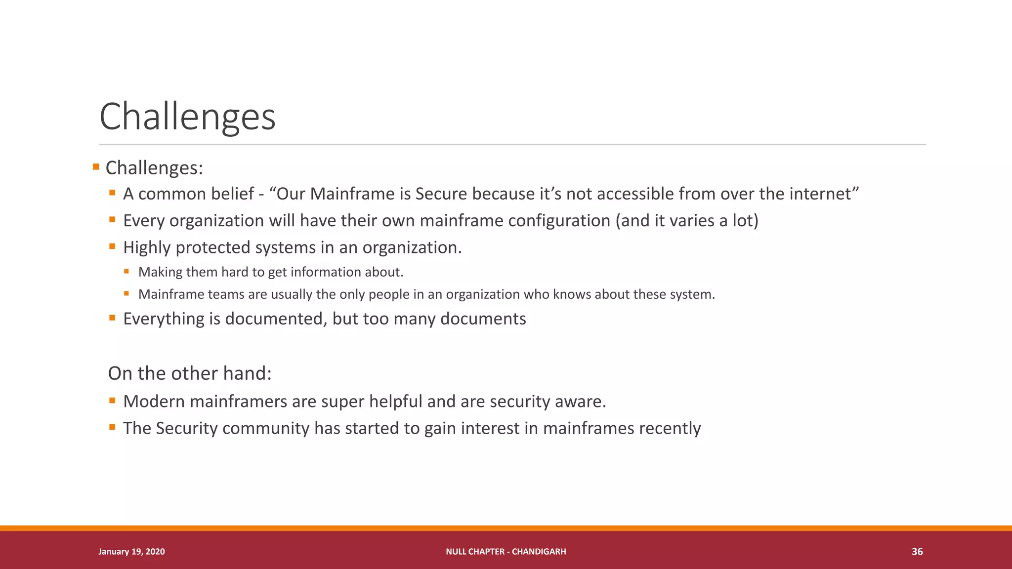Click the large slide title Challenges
coord(187,117)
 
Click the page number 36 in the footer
coord(917,552)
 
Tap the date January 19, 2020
coord(131,552)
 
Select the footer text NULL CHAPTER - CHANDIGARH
coord(506,552)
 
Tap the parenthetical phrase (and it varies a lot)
coord(687,221)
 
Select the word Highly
coord(147,247)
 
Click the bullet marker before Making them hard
coord(126,271)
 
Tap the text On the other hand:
coord(190,373)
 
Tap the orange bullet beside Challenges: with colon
coord(96,167)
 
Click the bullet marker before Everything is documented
coord(112,318)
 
